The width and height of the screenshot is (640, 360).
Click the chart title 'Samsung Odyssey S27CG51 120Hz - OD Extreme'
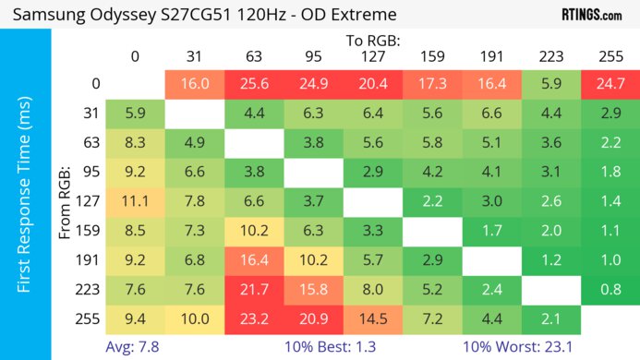tap(205, 15)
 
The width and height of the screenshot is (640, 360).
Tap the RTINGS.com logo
tap(591, 15)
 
